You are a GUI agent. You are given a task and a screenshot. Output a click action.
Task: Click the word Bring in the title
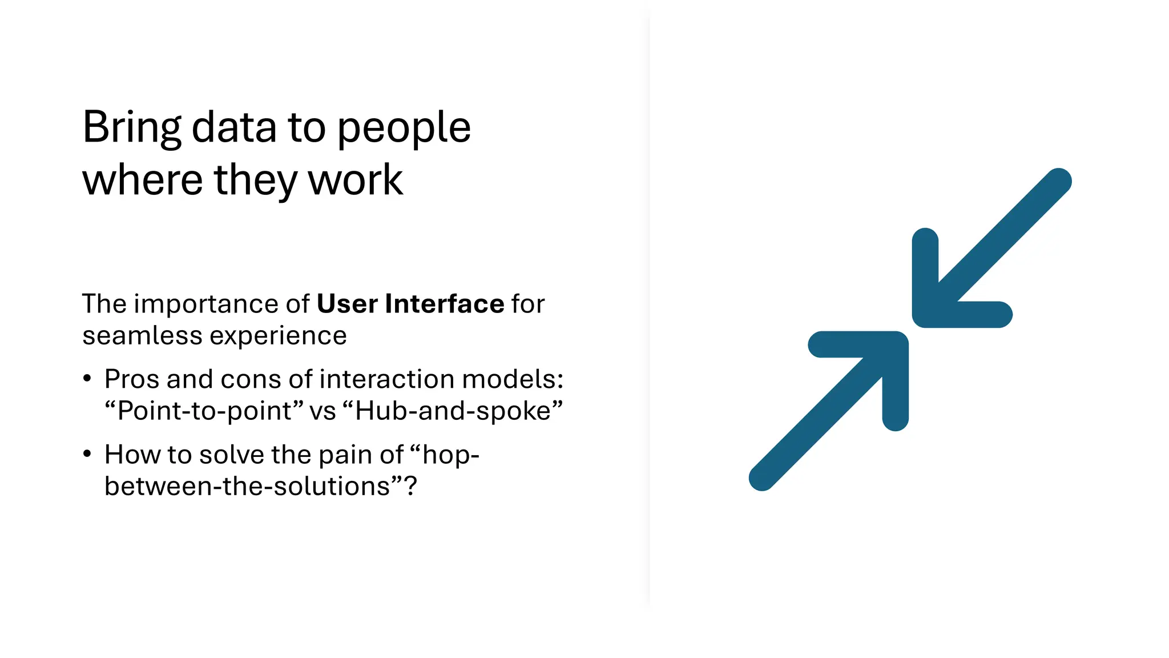click(x=132, y=128)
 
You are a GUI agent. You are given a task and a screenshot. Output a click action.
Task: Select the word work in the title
click(x=356, y=180)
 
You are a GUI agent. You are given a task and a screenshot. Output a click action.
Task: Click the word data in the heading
click(x=234, y=127)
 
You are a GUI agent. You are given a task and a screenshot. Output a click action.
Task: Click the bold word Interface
click(x=445, y=304)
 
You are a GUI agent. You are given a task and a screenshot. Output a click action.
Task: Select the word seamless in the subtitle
click(x=142, y=336)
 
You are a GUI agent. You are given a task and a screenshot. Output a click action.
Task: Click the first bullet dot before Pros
click(x=87, y=379)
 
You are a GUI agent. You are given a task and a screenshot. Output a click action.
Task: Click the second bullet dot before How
click(x=87, y=454)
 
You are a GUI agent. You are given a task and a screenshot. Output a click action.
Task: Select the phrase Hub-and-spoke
click(x=453, y=411)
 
